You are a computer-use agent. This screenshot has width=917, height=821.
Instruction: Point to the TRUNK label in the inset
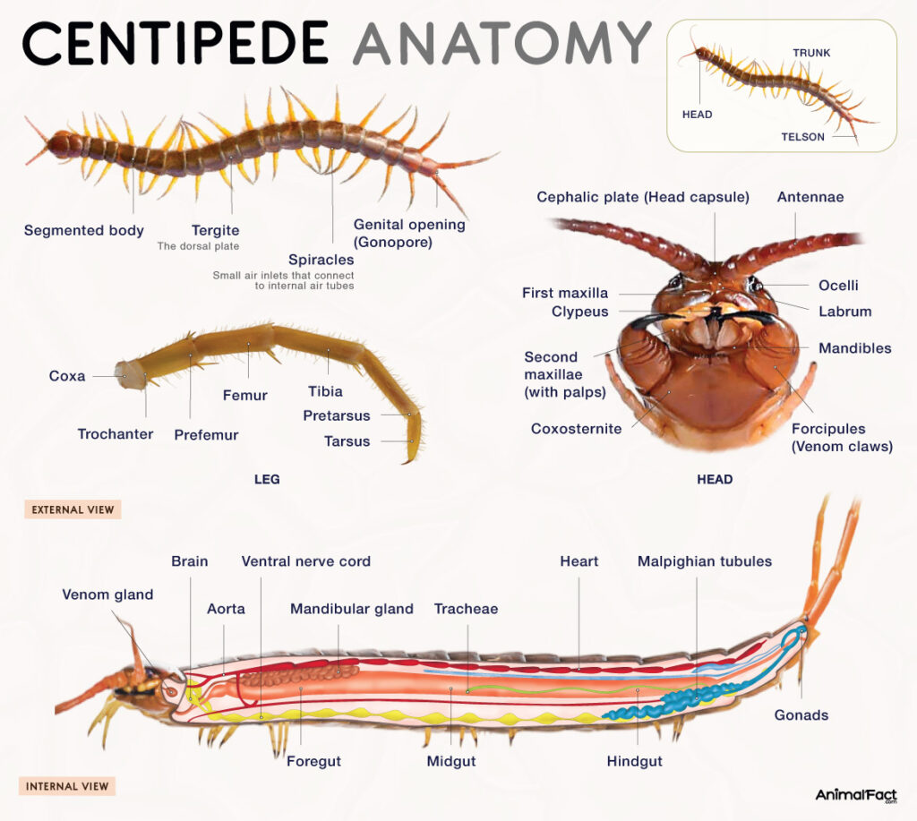click(x=811, y=53)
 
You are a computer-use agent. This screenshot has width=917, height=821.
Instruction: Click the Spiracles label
click(x=321, y=260)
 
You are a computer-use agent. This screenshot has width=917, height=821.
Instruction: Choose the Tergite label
click(x=215, y=230)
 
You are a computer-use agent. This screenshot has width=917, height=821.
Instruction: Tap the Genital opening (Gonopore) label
click(x=409, y=233)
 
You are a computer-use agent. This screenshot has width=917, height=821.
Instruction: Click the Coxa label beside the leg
click(x=67, y=376)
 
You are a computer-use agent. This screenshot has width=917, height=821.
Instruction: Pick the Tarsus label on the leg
click(x=347, y=440)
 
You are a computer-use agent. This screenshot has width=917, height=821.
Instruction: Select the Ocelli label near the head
click(x=838, y=285)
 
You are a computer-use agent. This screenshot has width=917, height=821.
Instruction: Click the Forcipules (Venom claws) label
click(x=842, y=437)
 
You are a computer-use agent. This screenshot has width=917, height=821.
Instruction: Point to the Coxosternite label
click(x=576, y=429)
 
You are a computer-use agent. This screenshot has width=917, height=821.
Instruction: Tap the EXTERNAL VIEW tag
click(x=73, y=510)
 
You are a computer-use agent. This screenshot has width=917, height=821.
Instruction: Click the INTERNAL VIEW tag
click(x=67, y=787)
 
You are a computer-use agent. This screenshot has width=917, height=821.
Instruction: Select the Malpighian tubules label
click(x=704, y=561)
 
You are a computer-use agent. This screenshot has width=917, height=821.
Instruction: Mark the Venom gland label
click(x=107, y=594)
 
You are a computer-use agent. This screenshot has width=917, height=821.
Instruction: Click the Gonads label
click(x=801, y=714)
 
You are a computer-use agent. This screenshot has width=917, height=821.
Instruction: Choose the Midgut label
click(x=450, y=761)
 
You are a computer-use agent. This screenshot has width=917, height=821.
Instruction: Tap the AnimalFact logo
click(x=855, y=794)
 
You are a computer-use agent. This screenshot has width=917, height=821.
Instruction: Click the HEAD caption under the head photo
click(x=715, y=479)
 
